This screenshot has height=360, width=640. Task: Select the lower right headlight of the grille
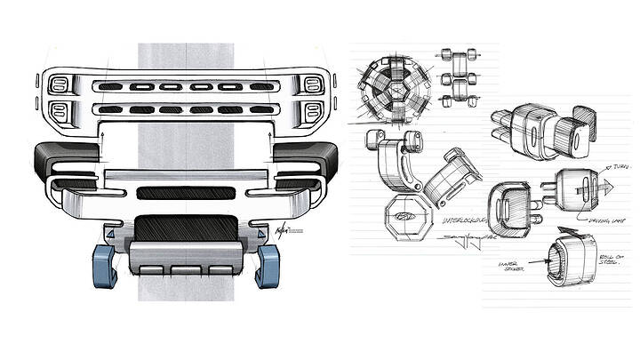(312, 112)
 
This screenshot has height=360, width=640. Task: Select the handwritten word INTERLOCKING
(464, 217)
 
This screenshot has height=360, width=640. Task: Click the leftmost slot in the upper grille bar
(112, 87)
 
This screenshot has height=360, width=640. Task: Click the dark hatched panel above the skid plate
(185, 229)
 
